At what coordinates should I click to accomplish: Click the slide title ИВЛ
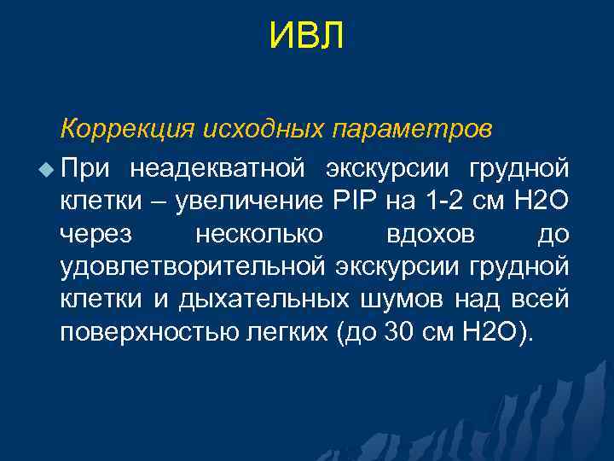[307, 37]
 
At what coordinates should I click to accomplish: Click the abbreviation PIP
[348, 201]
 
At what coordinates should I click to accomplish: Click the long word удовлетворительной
[192, 267]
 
